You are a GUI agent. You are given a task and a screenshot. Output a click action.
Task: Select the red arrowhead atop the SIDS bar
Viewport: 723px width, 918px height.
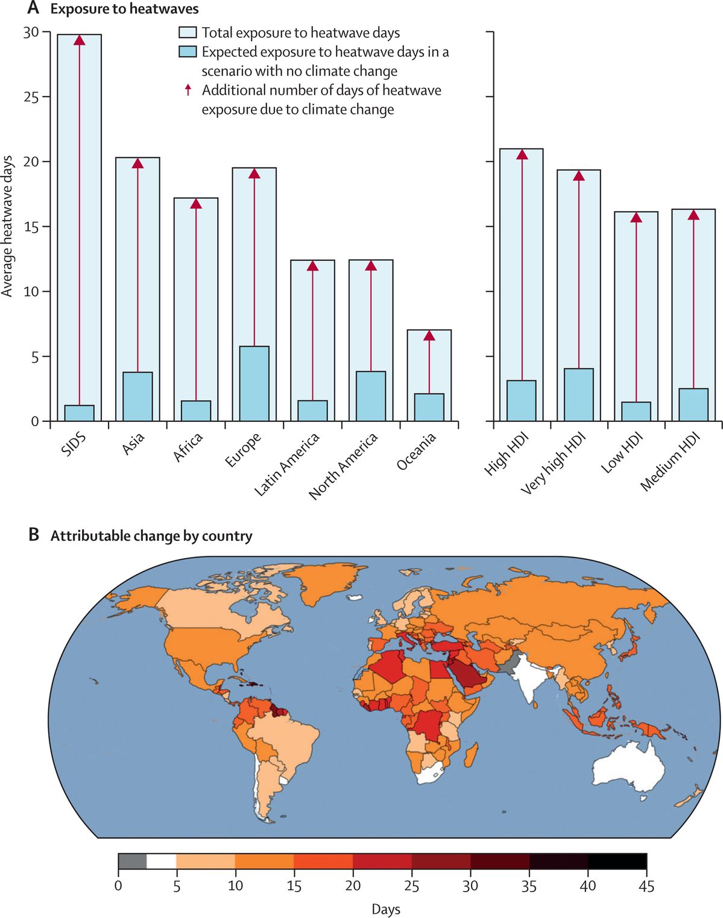point(79,40)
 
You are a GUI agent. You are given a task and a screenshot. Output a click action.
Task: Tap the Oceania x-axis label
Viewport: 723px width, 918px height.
point(417,452)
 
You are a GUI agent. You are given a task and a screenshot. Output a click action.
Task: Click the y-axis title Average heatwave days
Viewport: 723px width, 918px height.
point(7,226)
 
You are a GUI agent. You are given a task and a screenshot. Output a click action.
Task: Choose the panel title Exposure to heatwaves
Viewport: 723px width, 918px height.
point(124,9)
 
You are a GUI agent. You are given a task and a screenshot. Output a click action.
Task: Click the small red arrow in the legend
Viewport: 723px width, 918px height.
point(188,90)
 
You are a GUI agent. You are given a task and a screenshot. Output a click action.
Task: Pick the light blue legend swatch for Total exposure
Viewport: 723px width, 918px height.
point(188,33)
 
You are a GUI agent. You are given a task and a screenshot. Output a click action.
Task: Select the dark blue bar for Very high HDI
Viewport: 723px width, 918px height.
point(578,395)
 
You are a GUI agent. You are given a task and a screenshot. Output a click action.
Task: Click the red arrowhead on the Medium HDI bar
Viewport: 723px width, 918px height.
point(693,215)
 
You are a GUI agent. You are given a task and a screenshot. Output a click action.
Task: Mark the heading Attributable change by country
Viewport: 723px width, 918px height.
point(151,536)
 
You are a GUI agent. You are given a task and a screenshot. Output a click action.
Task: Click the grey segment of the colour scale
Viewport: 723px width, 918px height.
point(132,861)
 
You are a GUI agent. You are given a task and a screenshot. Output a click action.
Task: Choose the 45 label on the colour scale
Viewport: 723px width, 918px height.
point(646,885)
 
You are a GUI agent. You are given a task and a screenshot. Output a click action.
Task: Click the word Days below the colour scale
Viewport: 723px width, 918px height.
point(386,909)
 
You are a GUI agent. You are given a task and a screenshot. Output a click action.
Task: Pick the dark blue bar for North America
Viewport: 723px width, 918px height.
point(370,396)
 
